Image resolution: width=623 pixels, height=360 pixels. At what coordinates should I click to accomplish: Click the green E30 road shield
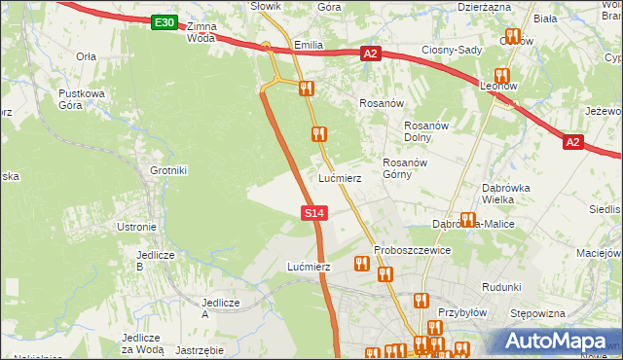[x=165, y=22]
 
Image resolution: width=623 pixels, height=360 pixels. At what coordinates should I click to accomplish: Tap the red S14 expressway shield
[x=313, y=212]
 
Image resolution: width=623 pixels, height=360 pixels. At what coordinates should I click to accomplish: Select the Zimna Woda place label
[x=201, y=32]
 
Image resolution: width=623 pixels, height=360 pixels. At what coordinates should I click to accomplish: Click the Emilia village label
[x=307, y=46]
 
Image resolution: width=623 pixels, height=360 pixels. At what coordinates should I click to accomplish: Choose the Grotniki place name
[x=167, y=170]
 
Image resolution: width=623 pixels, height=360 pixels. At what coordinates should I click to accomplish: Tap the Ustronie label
[x=136, y=227]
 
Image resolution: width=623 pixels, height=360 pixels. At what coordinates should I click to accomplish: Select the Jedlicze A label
[x=219, y=308]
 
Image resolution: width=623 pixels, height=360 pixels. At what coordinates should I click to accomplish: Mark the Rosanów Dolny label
[x=424, y=131]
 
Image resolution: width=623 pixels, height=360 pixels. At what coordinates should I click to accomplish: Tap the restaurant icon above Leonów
[x=502, y=75]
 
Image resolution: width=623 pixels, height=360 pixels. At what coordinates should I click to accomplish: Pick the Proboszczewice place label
[x=412, y=250]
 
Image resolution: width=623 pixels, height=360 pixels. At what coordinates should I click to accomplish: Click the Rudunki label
[x=502, y=287]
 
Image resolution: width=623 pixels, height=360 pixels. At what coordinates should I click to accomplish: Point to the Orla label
[x=86, y=56]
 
